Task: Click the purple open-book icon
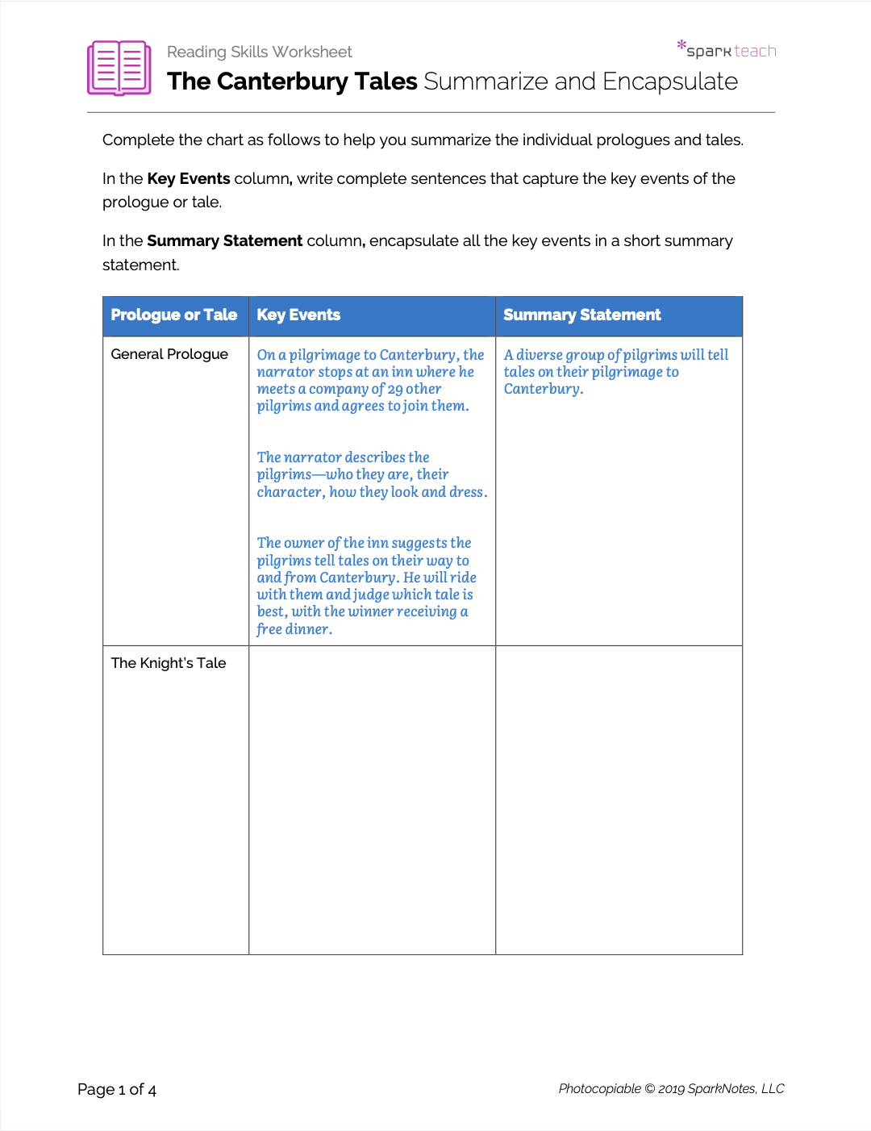[x=119, y=68]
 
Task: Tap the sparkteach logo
[x=727, y=50]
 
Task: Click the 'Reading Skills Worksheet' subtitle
[x=259, y=52]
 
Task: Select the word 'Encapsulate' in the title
[x=669, y=81]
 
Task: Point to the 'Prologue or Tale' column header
[x=174, y=315]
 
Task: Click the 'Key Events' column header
[x=298, y=315]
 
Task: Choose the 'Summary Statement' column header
[x=581, y=315]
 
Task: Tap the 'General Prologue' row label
[x=169, y=354]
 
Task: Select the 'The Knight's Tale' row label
[x=169, y=663]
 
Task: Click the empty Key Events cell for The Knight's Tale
[x=372, y=799]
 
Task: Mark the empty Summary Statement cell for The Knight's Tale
[x=619, y=799]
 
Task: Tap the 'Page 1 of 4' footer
[x=117, y=1090]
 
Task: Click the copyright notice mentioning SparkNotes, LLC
[x=671, y=1089]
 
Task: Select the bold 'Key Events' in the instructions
[x=189, y=179]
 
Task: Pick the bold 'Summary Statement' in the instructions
[x=224, y=241]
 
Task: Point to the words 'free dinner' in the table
[x=294, y=629]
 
